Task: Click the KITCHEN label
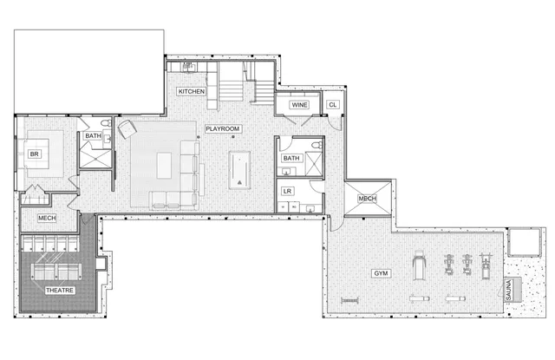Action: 192,91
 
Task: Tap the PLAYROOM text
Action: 223,129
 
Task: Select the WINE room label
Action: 299,105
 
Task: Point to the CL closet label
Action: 332,105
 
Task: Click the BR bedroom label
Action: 35,154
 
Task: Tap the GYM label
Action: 381,273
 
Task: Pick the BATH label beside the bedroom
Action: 93,136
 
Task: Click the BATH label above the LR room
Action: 291,158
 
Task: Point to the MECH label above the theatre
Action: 47,219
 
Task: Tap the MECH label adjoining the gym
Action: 366,199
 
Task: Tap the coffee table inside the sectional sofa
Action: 165,165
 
